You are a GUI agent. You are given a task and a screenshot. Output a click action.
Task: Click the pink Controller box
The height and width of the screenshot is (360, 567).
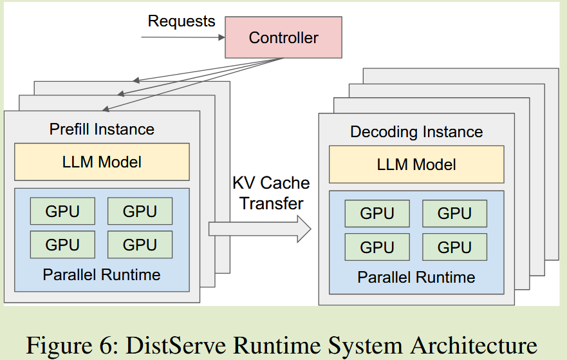point(283,38)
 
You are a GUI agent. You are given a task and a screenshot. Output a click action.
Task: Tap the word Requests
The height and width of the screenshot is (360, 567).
point(181,21)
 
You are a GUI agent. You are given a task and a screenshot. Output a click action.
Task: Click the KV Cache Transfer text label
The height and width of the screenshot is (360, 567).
point(271,193)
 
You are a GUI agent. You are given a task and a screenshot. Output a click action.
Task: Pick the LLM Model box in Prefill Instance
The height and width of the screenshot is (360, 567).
point(102,162)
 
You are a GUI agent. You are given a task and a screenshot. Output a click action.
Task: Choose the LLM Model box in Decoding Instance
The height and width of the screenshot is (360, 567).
point(416,164)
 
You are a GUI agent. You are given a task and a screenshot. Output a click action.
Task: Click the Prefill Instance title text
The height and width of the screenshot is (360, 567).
point(102,129)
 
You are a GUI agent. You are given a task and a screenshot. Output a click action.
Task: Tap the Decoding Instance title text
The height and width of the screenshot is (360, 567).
point(416,132)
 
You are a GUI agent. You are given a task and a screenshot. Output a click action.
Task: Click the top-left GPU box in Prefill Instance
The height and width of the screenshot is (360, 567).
point(62,211)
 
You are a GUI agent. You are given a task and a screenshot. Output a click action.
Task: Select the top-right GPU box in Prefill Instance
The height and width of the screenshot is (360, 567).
point(140,211)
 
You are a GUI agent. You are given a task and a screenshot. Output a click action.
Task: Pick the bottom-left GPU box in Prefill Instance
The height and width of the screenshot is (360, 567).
point(62,245)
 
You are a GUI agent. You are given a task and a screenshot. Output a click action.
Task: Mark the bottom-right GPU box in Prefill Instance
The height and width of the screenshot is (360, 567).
point(140,245)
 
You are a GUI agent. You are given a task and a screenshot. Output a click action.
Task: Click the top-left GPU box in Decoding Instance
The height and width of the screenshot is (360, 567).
point(377,214)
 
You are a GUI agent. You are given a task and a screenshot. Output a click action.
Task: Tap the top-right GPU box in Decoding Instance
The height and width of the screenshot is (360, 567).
point(454,214)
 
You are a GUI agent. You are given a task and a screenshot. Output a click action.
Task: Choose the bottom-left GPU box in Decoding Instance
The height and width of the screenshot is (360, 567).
point(377,247)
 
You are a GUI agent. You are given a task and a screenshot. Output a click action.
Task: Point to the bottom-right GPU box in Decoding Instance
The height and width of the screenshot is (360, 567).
point(454,247)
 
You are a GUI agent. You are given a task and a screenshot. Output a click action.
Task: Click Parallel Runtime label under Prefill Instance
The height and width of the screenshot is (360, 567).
point(102,275)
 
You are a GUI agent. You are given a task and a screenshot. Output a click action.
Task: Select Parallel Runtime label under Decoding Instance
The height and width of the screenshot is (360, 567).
point(416,278)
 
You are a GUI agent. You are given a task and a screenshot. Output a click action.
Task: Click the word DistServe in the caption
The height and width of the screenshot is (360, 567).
point(181,345)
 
